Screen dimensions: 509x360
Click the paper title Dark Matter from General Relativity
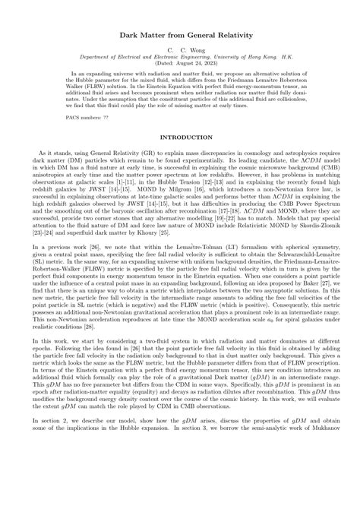click(180, 36)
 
